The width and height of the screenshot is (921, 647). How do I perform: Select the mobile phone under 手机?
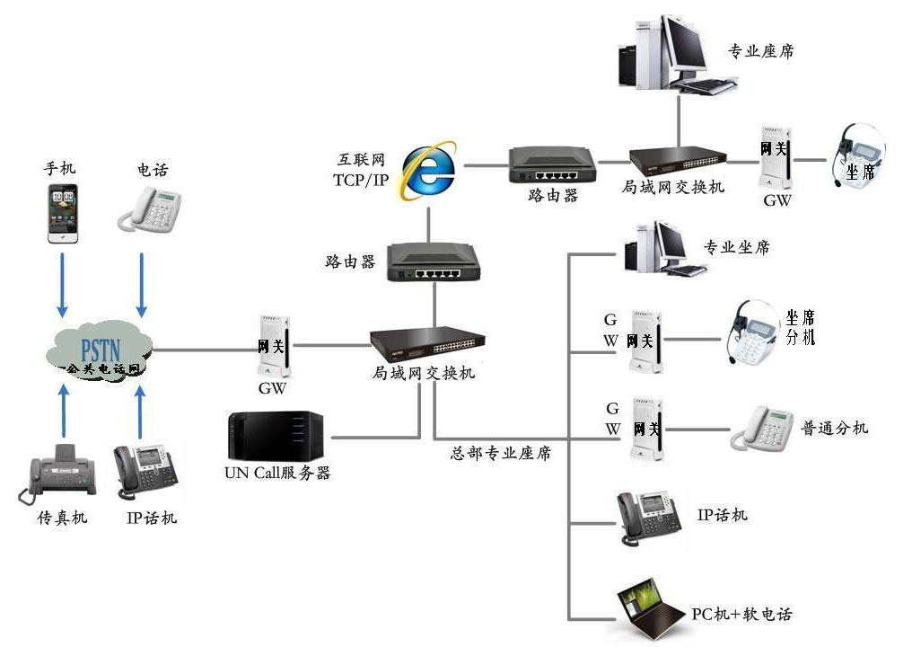tap(62, 214)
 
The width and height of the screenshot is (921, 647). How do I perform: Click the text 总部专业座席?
tap(500, 454)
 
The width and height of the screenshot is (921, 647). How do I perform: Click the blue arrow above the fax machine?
tap(63, 412)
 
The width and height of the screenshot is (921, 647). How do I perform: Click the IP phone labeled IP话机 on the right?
tap(644, 518)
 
